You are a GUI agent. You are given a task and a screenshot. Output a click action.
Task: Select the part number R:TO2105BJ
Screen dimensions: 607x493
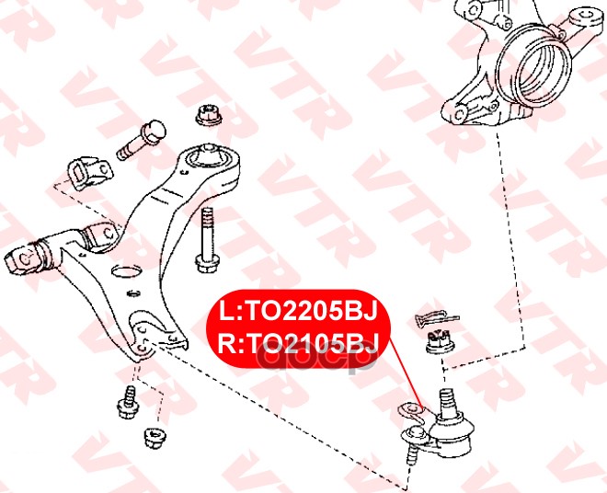click(x=298, y=342)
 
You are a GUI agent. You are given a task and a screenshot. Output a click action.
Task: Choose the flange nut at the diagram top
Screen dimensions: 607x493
click(x=205, y=117)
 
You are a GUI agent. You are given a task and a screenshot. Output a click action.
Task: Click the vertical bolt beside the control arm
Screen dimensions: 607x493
click(x=205, y=239)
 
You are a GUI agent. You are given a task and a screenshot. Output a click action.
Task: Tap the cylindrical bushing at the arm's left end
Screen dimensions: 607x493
click(x=28, y=257)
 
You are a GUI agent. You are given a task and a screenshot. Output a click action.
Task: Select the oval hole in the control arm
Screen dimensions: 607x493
click(x=124, y=270)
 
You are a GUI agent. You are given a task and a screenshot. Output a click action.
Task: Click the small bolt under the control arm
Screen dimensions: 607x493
click(x=126, y=401)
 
